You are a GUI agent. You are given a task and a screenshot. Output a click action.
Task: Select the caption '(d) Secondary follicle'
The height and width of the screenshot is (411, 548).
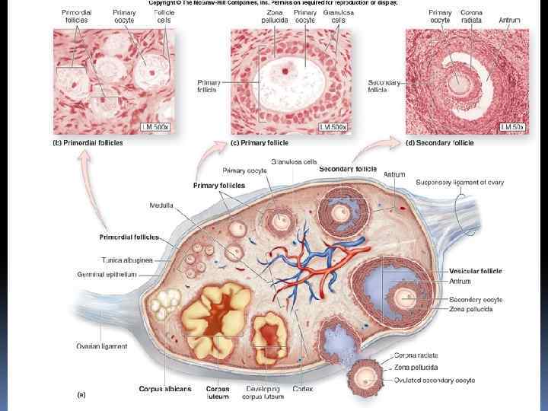(440, 142)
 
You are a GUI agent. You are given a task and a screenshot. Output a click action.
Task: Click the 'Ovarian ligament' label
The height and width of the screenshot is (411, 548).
(101, 346)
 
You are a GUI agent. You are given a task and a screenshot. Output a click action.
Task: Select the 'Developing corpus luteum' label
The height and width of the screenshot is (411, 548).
(264, 393)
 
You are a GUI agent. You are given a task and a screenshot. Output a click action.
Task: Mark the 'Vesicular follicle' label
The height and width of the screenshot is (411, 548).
(476, 270)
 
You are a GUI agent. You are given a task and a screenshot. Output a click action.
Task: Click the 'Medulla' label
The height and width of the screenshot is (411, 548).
(161, 205)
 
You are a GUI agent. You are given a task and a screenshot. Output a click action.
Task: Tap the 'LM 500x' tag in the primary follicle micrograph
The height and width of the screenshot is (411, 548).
(333, 126)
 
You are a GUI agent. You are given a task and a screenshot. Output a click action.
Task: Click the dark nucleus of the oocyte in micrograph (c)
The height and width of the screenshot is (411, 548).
(285, 71)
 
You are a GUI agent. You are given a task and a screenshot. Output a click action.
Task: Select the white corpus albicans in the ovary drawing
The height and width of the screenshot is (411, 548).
(164, 304)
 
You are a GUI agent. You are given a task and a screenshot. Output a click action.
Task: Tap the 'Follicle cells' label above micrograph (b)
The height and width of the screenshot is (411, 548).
(164, 17)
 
